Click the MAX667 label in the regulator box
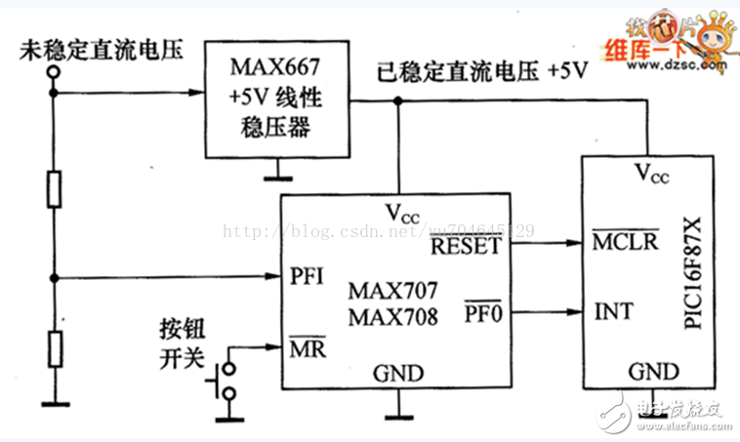(278, 67)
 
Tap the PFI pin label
(308, 277)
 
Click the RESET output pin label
(468, 246)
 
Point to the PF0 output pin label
(482, 313)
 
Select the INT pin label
(613, 312)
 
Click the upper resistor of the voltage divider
(56, 188)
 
